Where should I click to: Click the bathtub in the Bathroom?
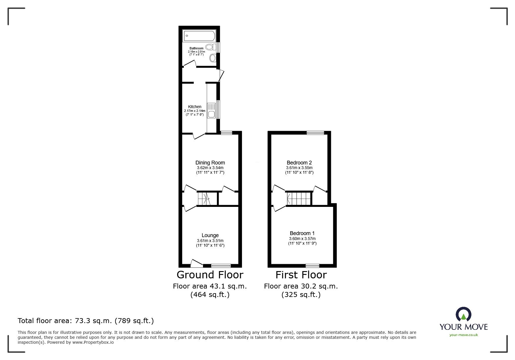199,36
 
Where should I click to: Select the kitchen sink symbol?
211,111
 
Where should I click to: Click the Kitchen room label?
195,107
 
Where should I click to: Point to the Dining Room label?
210,163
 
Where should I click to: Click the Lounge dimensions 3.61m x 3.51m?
210,241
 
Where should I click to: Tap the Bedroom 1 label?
302,233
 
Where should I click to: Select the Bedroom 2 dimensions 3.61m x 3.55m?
299,168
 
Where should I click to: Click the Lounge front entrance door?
197,264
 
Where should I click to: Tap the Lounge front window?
221,265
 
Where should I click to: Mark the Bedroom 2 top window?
315,133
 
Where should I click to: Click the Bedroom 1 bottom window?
312,265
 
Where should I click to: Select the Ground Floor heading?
210,275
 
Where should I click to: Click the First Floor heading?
301,275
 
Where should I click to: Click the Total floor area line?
85,321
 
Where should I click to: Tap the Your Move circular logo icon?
463,315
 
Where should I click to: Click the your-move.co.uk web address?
464,335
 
